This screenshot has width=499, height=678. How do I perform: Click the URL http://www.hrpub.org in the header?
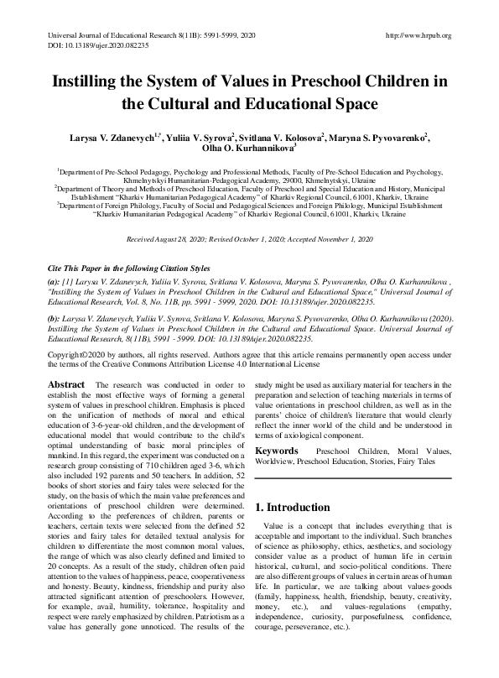click(417, 35)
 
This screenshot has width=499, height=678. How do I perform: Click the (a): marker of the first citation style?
click(54, 256)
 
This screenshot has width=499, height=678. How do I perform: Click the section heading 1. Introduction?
click(294, 508)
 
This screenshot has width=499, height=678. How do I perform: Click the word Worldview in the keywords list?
click(277, 462)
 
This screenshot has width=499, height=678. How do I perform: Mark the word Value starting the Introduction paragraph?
click(279, 525)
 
